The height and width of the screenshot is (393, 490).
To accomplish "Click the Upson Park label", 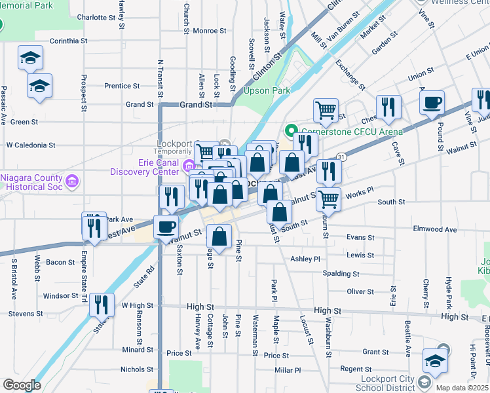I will coord(266,90).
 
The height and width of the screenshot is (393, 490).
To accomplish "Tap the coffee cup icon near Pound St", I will coord(432,103).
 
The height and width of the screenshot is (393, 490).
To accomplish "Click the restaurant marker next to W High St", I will coord(102,305).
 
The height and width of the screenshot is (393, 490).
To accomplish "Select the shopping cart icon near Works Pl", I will coord(329,198).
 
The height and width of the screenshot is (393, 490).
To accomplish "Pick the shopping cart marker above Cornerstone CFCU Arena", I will coord(325,109).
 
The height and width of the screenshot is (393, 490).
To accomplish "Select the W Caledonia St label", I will coord(40,145).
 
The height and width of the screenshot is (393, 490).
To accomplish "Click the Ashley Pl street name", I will coord(305,259).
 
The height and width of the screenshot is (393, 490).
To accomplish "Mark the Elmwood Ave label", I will coord(434,230).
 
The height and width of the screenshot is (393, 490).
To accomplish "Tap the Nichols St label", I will coord(136,369).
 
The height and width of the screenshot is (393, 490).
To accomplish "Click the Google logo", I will coord(21,385).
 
